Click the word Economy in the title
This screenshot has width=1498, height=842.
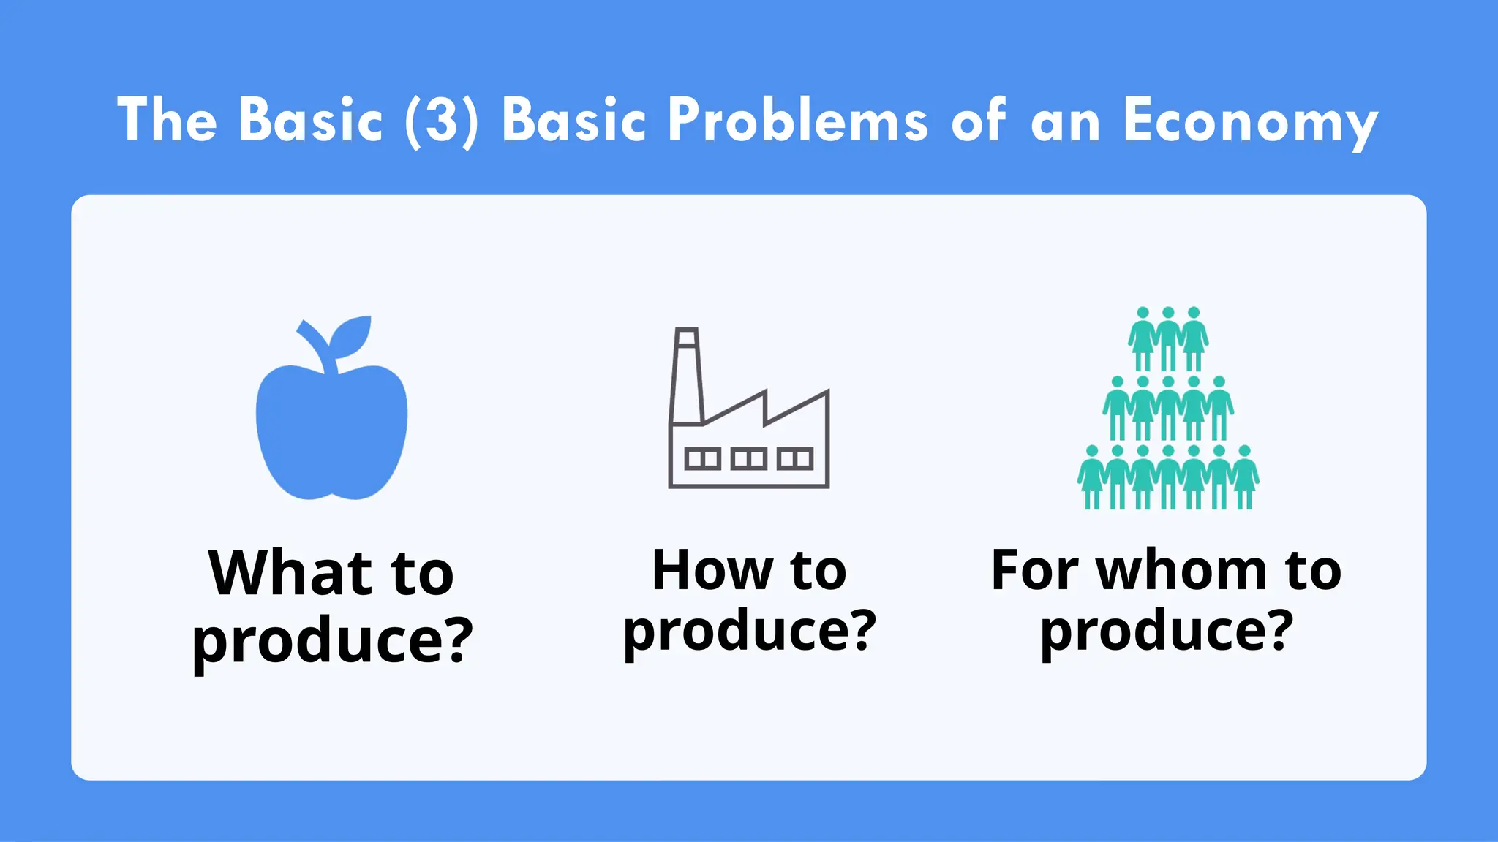[x=1249, y=121]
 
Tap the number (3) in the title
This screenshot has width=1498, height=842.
[x=442, y=121]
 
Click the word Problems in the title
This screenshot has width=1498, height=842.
[x=797, y=121]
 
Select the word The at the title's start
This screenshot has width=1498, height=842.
[x=167, y=121]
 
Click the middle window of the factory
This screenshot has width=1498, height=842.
[x=748, y=459]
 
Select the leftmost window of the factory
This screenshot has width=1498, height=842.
[x=702, y=459]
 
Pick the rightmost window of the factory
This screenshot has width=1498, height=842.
[x=794, y=459]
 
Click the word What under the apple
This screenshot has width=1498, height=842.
[x=291, y=574]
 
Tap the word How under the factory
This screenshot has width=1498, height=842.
[x=712, y=571]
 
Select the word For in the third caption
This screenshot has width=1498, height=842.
[x=1034, y=571]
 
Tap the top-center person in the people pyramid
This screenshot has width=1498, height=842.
[x=1168, y=338]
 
